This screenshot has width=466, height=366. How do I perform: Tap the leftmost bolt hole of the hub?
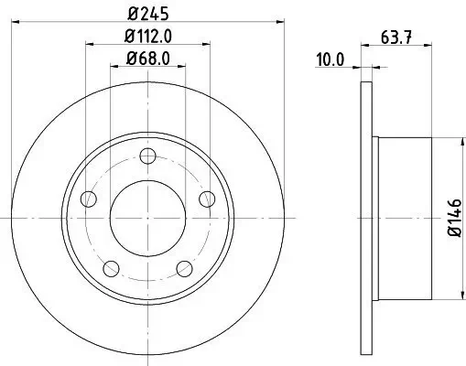pos(89,199)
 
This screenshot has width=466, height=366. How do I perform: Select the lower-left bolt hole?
pos(111,267)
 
